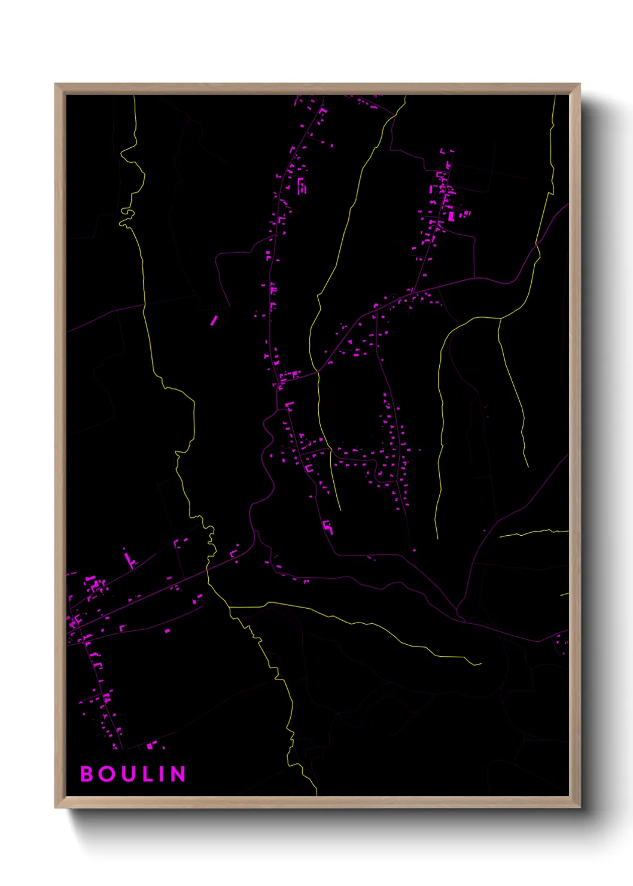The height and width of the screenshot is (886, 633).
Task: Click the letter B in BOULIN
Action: [87, 774]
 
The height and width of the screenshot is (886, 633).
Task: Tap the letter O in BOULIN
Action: [107, 774]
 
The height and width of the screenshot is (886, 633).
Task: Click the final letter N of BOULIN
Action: [178, 774]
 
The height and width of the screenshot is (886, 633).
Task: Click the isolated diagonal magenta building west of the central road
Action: [214, 321]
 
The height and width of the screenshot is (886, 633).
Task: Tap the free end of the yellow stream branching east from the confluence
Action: [480, 664]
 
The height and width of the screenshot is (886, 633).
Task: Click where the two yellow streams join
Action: [230, 607]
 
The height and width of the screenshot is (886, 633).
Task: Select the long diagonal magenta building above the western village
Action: [129, 560]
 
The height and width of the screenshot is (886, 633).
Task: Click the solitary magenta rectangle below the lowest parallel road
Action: [167, 630]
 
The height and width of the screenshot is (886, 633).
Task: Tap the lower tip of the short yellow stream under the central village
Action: [340, 509]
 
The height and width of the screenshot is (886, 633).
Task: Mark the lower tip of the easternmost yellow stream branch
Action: [528, 466]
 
